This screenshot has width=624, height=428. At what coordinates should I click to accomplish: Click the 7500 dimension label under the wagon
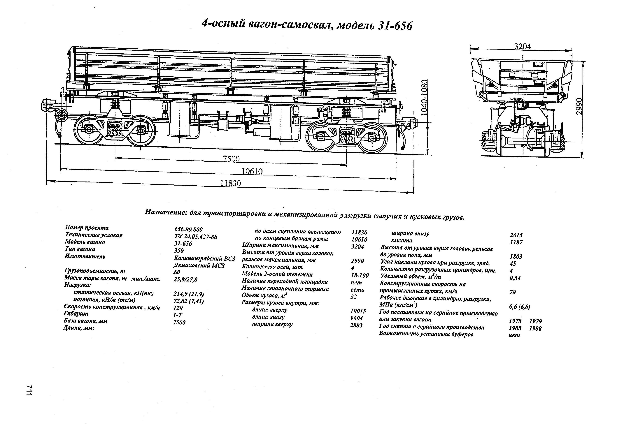(x=231, y=159)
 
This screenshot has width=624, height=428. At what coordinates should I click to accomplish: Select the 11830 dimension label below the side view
(x=231, y=183)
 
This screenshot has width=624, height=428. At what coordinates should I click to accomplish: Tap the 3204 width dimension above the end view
(x=523, y=46)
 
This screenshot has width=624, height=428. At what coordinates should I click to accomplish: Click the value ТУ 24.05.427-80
(x=196, y=237)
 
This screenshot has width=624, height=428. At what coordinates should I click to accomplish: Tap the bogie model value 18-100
(x=360, y=275)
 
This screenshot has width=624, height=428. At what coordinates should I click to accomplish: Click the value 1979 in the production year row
(x=535, y=321)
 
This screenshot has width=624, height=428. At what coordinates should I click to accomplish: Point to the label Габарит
(x=76, y=313)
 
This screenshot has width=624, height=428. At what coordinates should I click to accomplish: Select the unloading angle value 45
(x=513, y=263)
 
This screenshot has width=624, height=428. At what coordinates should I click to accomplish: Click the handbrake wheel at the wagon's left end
(x=61, y=116)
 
